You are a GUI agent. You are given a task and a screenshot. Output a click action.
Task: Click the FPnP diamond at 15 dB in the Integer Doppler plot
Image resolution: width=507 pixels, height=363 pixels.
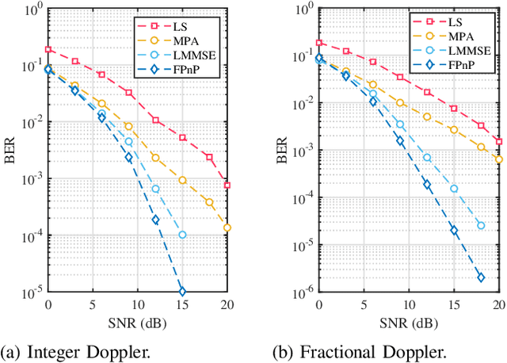(182, 292)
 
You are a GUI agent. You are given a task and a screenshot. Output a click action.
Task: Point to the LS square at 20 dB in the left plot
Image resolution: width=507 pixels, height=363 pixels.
(227, 185)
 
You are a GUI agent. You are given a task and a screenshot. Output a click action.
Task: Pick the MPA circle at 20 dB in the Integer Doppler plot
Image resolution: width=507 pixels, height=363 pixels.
(227, 227)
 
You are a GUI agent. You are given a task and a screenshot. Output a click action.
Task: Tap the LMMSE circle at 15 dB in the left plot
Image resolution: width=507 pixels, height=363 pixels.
(182, 235)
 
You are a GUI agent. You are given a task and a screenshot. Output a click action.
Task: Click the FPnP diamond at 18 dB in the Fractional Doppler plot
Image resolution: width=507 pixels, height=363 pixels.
(481, 277)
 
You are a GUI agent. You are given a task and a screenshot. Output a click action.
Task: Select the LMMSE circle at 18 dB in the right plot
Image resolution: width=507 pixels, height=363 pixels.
(481, 225)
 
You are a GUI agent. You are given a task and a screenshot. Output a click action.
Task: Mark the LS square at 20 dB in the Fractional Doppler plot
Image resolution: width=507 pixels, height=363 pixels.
(499, 141)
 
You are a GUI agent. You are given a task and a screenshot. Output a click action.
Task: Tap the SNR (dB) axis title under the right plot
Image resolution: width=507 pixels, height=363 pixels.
(409, 323)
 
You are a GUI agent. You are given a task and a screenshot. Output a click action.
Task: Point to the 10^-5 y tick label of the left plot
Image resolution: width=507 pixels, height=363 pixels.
(30, 293)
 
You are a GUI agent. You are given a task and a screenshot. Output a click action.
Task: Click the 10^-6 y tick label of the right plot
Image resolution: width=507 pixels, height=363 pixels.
(300, 293)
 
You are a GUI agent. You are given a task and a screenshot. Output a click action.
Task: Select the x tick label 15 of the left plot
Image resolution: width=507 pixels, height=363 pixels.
(182, 305)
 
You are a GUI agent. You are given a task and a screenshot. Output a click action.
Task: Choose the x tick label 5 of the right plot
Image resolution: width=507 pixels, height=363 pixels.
(364, 305)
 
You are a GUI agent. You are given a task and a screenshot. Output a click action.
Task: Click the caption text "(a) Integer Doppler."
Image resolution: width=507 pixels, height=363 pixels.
(68, 349)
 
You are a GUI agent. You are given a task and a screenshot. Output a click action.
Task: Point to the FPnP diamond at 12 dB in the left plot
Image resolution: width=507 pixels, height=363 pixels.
(155, 220)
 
